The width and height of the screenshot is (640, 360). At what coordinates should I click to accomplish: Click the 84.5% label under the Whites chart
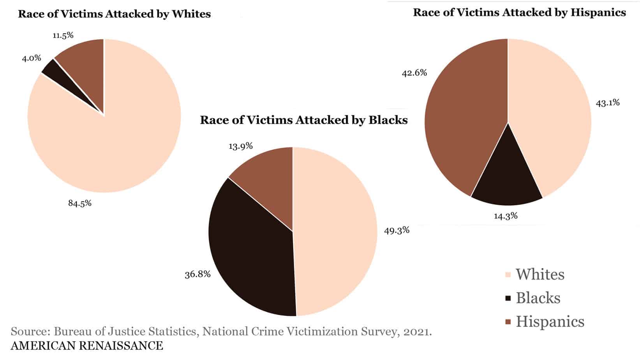point(80,203)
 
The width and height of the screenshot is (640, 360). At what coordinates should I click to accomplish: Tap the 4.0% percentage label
point(31,58)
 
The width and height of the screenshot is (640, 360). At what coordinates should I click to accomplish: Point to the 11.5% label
point(63,35)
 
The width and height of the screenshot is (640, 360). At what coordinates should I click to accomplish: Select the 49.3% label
point(397,230)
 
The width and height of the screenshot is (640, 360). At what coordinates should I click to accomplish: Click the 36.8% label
point(197,274)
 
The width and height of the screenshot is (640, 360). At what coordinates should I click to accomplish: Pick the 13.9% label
point(240,146)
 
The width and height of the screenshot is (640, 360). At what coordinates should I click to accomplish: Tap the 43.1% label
point(608,103)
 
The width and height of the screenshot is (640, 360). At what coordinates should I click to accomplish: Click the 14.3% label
point(506,216)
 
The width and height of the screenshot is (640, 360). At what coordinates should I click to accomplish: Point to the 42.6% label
point(414,73)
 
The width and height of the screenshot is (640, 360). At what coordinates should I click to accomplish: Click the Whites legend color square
point(508,275)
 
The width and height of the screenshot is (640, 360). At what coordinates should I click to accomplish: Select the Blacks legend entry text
point(538,298)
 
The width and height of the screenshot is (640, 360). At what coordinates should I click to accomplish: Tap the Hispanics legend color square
point(508,322)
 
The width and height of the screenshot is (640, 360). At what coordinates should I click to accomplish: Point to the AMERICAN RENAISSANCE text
point(87,346)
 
